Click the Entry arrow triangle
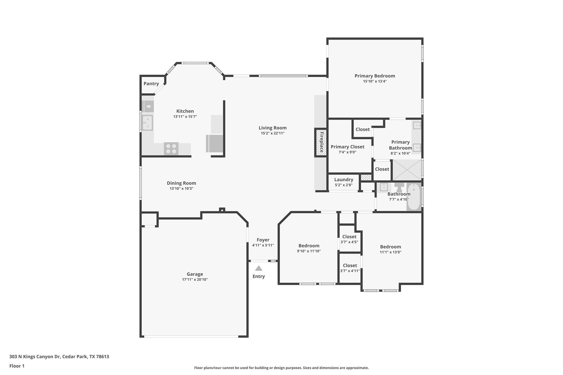pos(258,268)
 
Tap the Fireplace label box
pos(321,142)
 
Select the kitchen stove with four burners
pos(171,149)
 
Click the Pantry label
pos(151,84)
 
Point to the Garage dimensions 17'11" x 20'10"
pos(195,280)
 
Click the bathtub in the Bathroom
pos(413,197)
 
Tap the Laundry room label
pos(344,180)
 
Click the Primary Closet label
pos(347,147)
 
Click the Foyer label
pos(263,240)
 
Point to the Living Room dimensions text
pos(272,133)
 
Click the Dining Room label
pos(181,183)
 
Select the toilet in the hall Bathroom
pos(399,188)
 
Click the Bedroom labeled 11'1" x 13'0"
pos(390,249)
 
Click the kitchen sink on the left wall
pos(147,123)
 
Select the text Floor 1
pos(17,366)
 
